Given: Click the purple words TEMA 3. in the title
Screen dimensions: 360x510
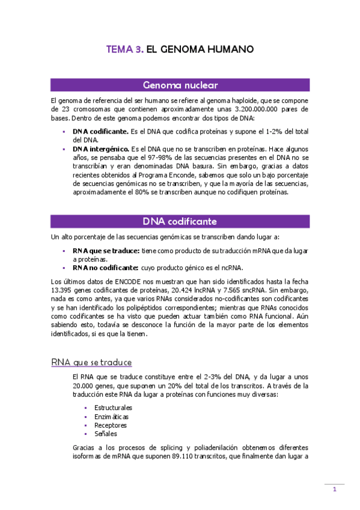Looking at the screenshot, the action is (125, 50).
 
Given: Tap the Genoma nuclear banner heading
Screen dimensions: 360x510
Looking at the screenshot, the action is (180, 85).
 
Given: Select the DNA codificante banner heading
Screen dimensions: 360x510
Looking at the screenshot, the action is (180, 221).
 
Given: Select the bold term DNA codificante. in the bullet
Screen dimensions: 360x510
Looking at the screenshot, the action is (100, 131).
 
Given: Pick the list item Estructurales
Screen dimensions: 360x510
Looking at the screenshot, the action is (114, 408).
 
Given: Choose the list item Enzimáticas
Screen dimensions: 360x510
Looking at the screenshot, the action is (111, 416).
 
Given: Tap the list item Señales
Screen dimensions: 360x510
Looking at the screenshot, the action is (106, 434).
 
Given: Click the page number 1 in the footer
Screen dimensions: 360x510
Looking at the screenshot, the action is (335, 491).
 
